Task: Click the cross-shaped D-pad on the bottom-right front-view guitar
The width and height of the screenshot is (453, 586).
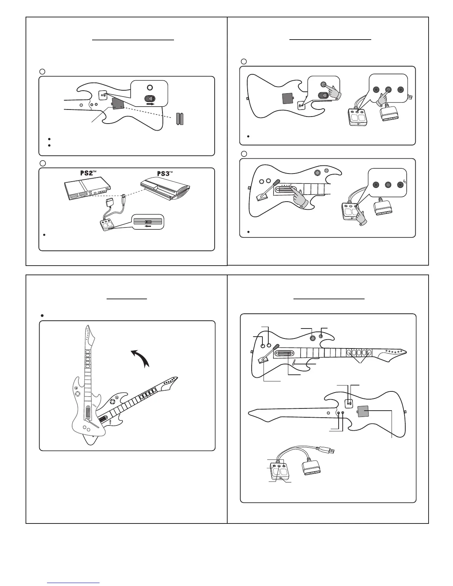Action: pyautogui.click(x=313, y=338)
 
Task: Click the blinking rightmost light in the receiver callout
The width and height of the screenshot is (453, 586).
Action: pyautogui.click(x=400, y=185)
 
